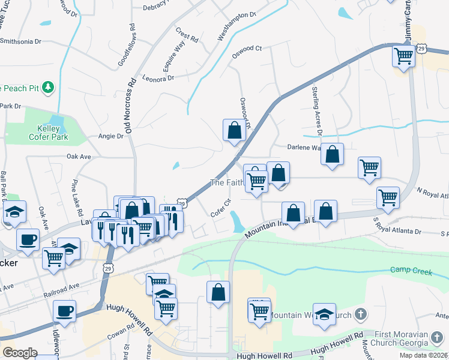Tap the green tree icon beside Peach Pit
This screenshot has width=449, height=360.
[49, 88]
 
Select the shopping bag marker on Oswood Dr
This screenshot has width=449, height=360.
[234, 130]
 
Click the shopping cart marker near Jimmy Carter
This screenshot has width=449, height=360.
[404, 57]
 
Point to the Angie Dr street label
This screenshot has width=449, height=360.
[110, 136]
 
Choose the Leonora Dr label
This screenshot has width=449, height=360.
[158, 78]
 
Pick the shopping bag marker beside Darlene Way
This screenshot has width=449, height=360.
[332, 155]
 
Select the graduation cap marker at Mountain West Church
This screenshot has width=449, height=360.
[324, 316]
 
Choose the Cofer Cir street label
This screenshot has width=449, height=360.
[221, 208]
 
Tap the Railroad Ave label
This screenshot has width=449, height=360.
[65, 287]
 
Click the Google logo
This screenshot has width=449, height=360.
[20, 352]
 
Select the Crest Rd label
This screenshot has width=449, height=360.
[187, 34]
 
